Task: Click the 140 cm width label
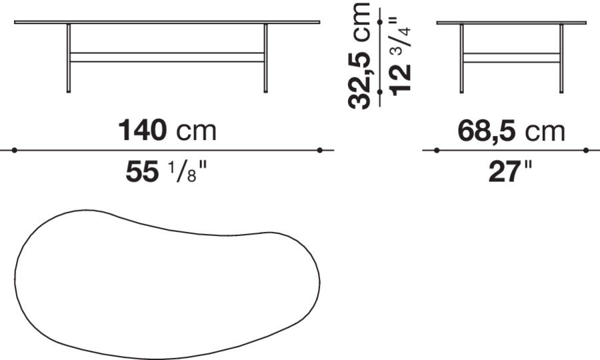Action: click(x=167, y=131)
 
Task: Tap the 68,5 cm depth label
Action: click(x=511, y=131)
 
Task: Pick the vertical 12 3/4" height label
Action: click(x=401, y=55)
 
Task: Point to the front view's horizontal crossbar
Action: click(x=167, y=57)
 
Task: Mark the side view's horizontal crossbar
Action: click(x=511, y=57)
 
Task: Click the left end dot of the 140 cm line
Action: click(x=14, y=150)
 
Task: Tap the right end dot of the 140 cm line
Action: click(x=320, y=150)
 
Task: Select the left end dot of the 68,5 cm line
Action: click(x=437, y=150)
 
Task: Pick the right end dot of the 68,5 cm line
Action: click(x=586, y=150)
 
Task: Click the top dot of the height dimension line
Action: click(x=379, y=22)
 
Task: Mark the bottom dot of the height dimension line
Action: click(x=379, y=92)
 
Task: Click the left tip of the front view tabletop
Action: click(x=15, y=22)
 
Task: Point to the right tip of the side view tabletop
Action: click(x=585, y=23)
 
